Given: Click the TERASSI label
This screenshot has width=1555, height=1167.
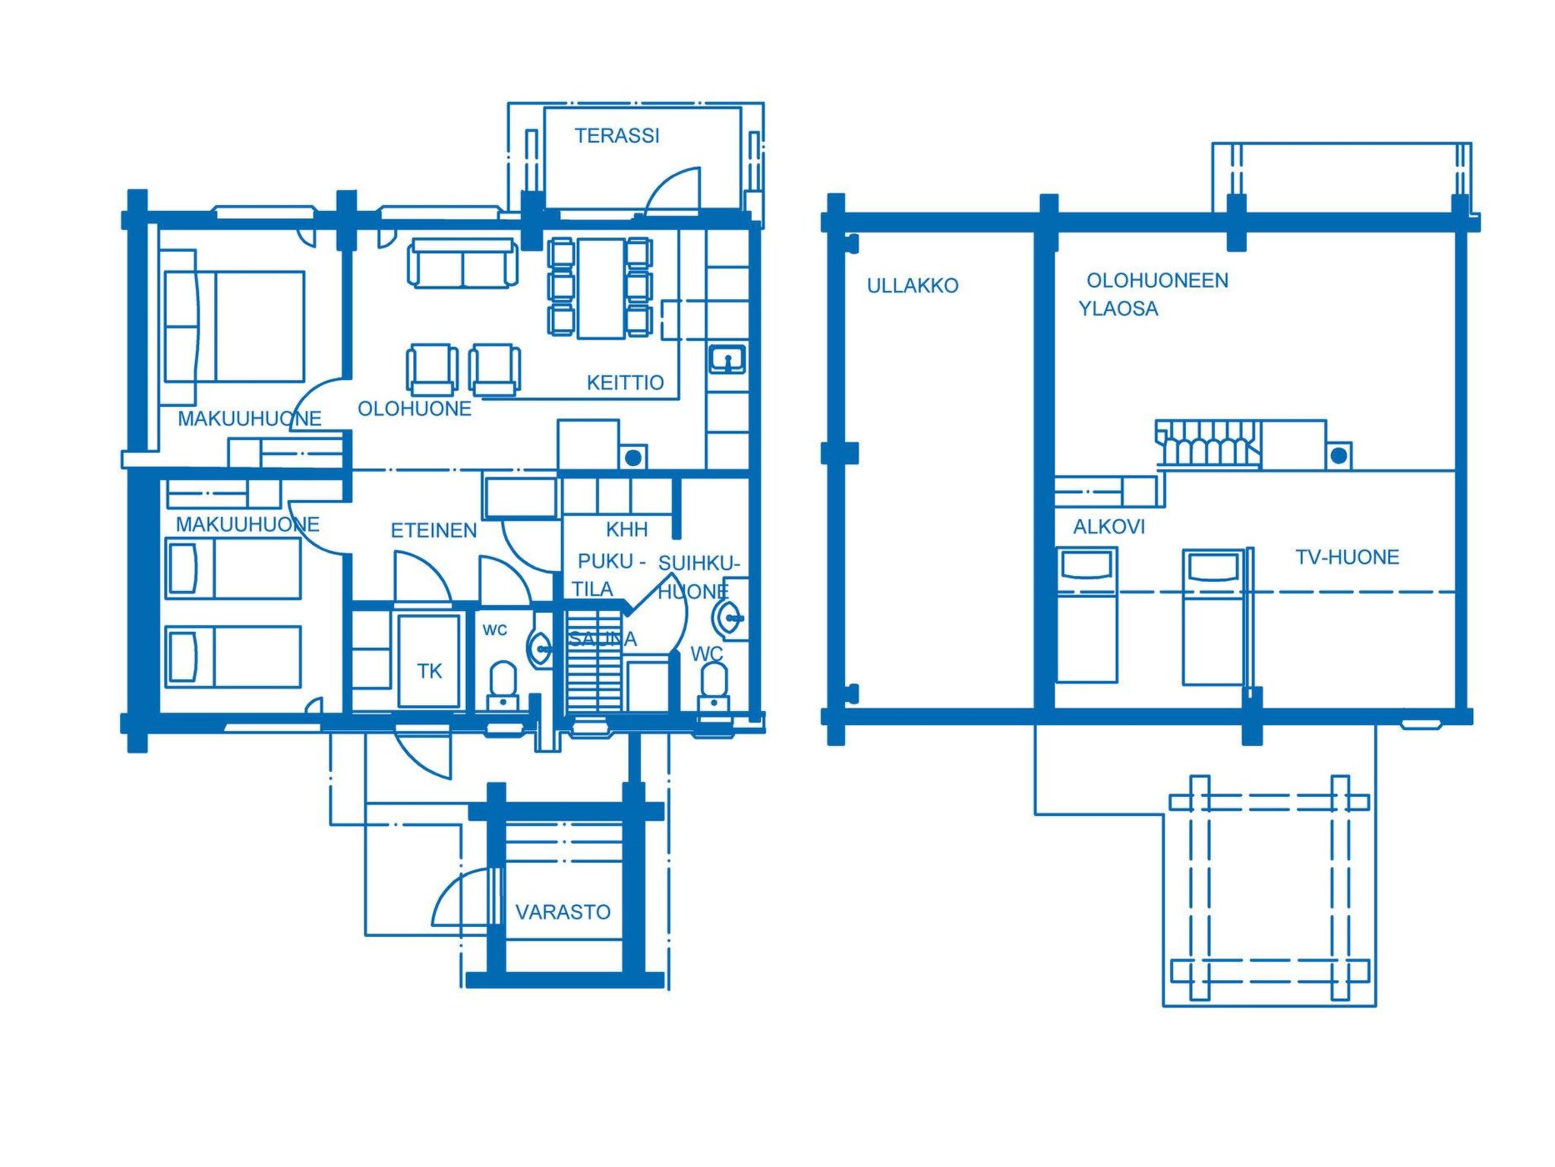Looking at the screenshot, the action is (617, 136).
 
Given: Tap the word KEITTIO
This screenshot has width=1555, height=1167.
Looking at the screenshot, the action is (625, 382).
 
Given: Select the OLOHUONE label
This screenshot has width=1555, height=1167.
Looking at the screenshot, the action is (415, 409).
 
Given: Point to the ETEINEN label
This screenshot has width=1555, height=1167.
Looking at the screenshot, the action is (434, 530).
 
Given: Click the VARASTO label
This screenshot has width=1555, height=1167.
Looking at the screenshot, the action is (563, 912).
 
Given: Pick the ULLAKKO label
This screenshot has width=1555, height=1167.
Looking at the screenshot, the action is (913, 286).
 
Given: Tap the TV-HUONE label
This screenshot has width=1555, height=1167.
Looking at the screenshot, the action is (1347, 557).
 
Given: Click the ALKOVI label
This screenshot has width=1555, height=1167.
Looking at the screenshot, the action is (1109, 527).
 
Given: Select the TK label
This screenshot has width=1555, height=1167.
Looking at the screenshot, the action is (429, 671).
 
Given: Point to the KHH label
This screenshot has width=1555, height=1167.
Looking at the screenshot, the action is (626, 529).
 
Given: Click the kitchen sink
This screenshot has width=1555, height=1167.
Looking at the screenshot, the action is (727, 359).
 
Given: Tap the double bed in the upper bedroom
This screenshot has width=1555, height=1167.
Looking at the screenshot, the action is (235, 327).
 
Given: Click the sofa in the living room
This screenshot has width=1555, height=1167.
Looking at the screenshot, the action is (462, 264).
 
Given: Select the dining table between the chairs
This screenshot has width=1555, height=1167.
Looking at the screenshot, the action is (601, 288).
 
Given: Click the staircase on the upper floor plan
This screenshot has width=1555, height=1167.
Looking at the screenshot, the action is (1207, 442).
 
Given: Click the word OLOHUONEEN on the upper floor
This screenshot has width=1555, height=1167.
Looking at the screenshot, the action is (1157, 280).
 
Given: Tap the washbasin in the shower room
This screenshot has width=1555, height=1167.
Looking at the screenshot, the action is (727, 617).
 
